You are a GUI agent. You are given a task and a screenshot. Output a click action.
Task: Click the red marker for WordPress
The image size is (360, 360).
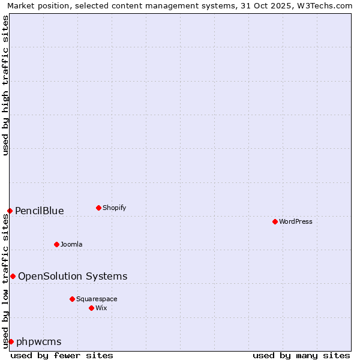(275, 221)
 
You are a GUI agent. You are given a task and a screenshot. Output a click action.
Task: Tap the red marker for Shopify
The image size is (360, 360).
(98, 208)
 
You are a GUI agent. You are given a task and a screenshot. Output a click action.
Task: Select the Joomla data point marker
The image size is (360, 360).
(56, 244)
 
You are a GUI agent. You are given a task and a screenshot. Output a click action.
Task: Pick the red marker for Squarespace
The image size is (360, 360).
(72, 299)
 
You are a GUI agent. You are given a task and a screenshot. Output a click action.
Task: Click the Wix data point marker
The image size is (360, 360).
(91, 308)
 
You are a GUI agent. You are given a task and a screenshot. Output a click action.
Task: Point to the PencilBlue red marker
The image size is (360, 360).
(10, 211)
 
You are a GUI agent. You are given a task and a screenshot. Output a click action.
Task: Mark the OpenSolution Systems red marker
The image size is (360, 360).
(13, 276)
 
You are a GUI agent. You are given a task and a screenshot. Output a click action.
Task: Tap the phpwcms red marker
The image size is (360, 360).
(11, 341)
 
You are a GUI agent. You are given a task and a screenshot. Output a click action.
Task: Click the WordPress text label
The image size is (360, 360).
(296, 221)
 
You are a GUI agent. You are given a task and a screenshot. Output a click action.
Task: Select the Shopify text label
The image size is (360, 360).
(114, 208)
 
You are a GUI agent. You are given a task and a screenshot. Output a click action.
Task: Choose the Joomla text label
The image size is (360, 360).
(71, 244)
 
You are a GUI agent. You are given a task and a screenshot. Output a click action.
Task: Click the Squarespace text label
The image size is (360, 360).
(97, 299)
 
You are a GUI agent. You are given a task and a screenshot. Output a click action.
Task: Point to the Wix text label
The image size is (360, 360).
(101, 308)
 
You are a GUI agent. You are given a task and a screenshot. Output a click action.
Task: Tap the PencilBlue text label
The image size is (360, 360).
(40, 211)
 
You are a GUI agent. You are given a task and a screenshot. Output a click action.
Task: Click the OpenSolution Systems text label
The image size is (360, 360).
(73, 276)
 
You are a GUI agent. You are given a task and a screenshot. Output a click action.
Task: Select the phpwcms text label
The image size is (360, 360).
(39, 341)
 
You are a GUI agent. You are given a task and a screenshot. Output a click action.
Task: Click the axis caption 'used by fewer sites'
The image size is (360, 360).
(62, 355)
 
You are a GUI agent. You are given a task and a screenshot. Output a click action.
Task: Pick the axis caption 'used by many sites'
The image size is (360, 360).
(301, 355)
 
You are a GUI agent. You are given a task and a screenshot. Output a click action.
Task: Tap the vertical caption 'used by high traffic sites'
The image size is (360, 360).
(5, 85)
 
